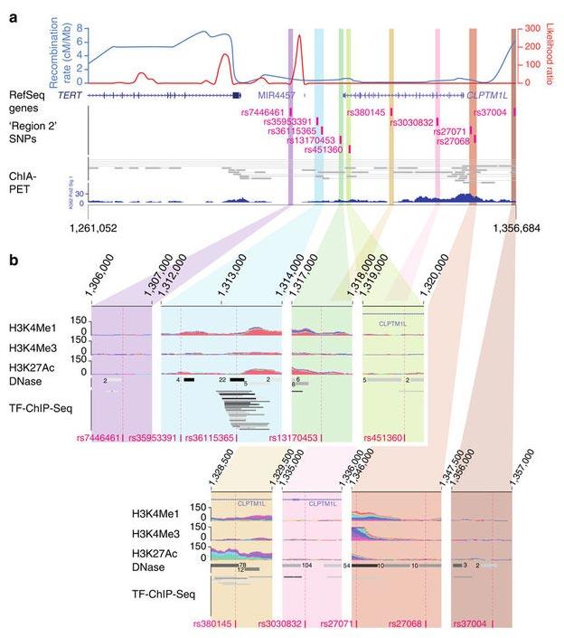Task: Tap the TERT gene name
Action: (70, 94)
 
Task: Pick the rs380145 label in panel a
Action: (367, 112)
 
